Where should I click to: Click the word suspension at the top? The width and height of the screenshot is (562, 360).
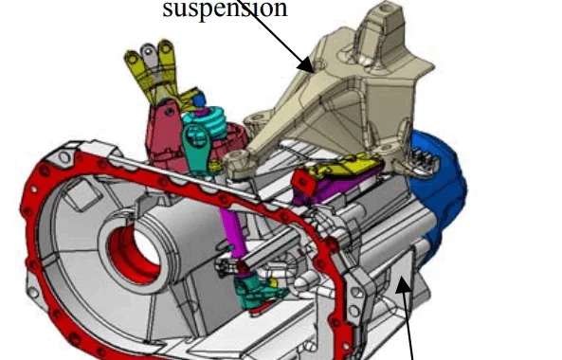(x=225, y=9)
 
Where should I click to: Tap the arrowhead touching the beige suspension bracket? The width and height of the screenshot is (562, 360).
(x=306, y=63)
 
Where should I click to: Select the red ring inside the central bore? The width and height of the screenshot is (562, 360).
(x=133, y=251)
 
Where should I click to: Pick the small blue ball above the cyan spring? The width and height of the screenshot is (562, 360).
(x=200, y=99)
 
